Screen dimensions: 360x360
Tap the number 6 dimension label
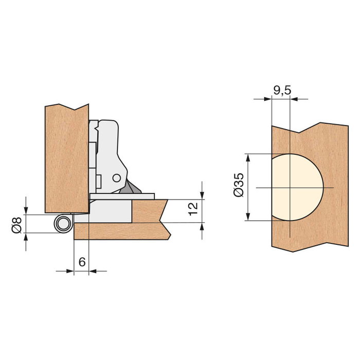pyautogui.click(x=82, y=261)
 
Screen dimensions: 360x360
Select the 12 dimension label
pyautogui.click(x=192, y=209)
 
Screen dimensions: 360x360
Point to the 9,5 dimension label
pyautogui.click(x=282, y=91)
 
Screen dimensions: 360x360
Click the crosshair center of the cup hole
pyautogui.click(x=290, y=188)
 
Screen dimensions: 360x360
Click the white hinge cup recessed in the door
pyautogui.click(x=111, y=211)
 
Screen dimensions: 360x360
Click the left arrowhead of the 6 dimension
pyautogui.click(x=70, y=271)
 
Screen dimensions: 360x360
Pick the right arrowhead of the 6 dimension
pyautogui.click(x=93, y=271)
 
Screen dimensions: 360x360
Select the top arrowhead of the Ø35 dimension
pyautogui.click(x=249, y=157)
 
